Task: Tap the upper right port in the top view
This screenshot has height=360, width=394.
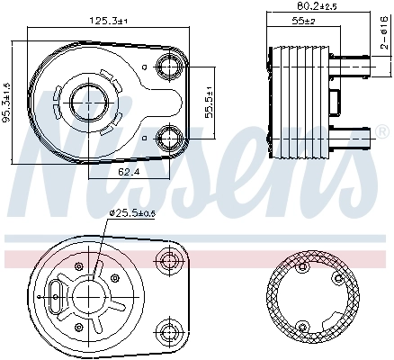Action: (x=169, y=65)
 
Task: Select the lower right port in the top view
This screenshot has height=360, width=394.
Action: (x=169, y=137)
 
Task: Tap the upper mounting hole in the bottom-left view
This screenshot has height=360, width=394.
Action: (x=169, y=260)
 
